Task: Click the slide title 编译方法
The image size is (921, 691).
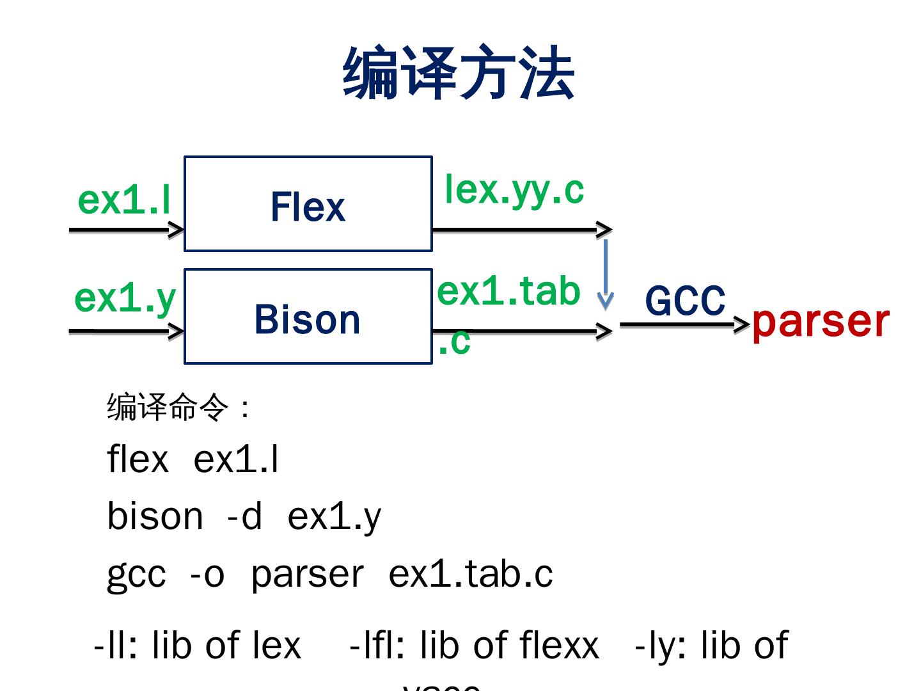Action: [459, 74]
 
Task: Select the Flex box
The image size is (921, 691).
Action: [308, 204]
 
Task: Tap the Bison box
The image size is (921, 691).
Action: [308, 317]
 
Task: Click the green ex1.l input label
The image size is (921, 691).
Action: [124, 200]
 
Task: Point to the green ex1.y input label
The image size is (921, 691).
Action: [125, 298]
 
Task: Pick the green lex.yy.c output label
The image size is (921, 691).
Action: [514, 189]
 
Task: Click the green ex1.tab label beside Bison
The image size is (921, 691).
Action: [508, 292]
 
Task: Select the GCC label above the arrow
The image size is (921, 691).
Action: [685, 301]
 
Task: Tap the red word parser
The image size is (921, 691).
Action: [821, 321]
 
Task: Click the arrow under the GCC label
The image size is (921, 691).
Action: [684, 324]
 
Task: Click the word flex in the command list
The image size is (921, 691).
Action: [138, 459]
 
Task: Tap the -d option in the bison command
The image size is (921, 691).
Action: [244, 516]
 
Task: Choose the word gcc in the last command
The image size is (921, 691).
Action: [136, 575]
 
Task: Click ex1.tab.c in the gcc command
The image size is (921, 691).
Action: [470, 574]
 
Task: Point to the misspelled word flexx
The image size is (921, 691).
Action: [560, 645]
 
